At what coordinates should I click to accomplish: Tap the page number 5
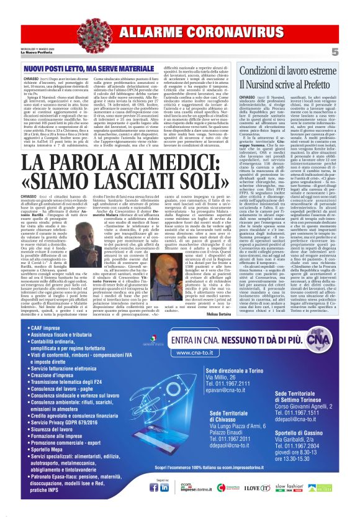[x=351, y=51]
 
